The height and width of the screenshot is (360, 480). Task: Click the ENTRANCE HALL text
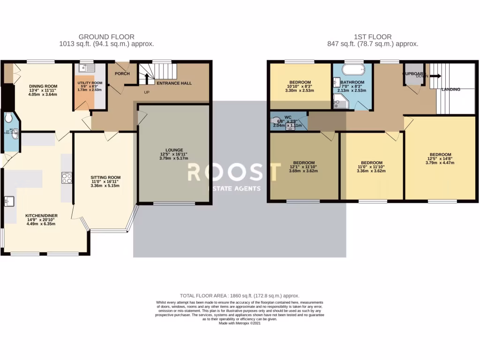[174, 83]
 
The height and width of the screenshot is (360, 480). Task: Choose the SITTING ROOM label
[105, 178]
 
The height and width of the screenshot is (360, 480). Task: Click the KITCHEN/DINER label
[41, 217]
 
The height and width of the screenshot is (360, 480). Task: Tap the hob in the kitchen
[66, 178]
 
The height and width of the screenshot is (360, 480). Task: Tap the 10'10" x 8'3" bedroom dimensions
[300, 86]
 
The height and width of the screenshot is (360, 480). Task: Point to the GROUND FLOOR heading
[106, 37]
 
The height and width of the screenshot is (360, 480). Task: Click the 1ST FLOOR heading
[373, 37]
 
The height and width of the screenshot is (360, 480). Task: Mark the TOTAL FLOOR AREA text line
[242, 296]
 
